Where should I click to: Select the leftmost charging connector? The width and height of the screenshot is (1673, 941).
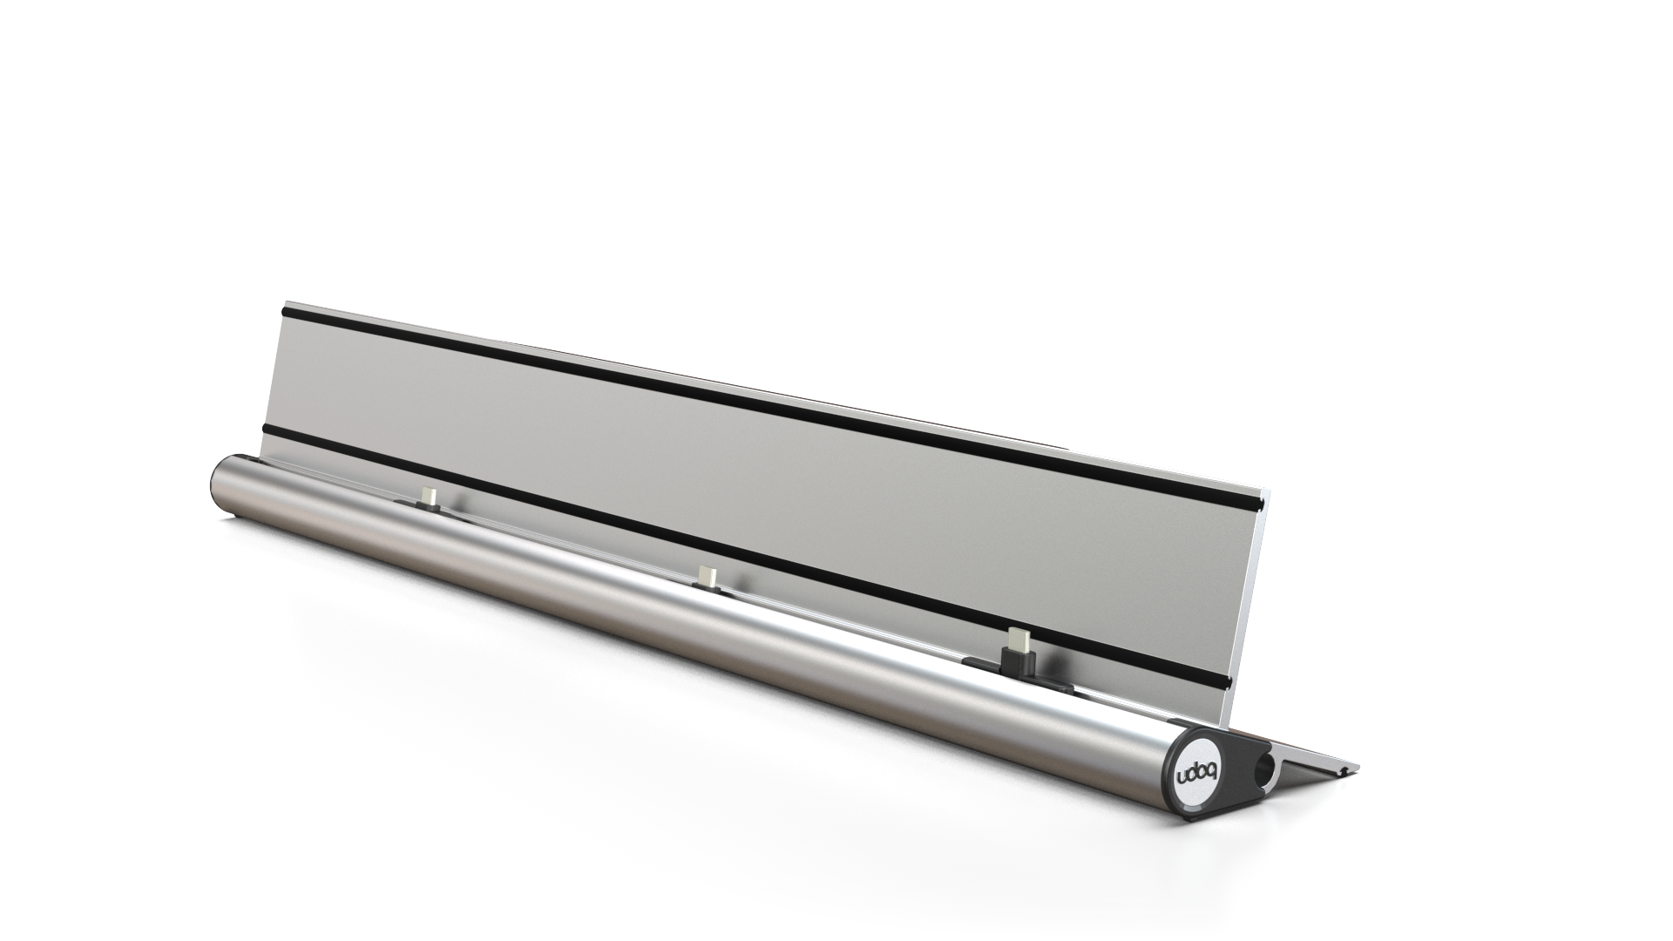[x=427, y=497]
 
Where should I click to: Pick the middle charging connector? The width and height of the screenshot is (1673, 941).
[x=708, y=577]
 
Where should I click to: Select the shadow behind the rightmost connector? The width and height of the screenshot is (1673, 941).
[x=1041, y=653]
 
